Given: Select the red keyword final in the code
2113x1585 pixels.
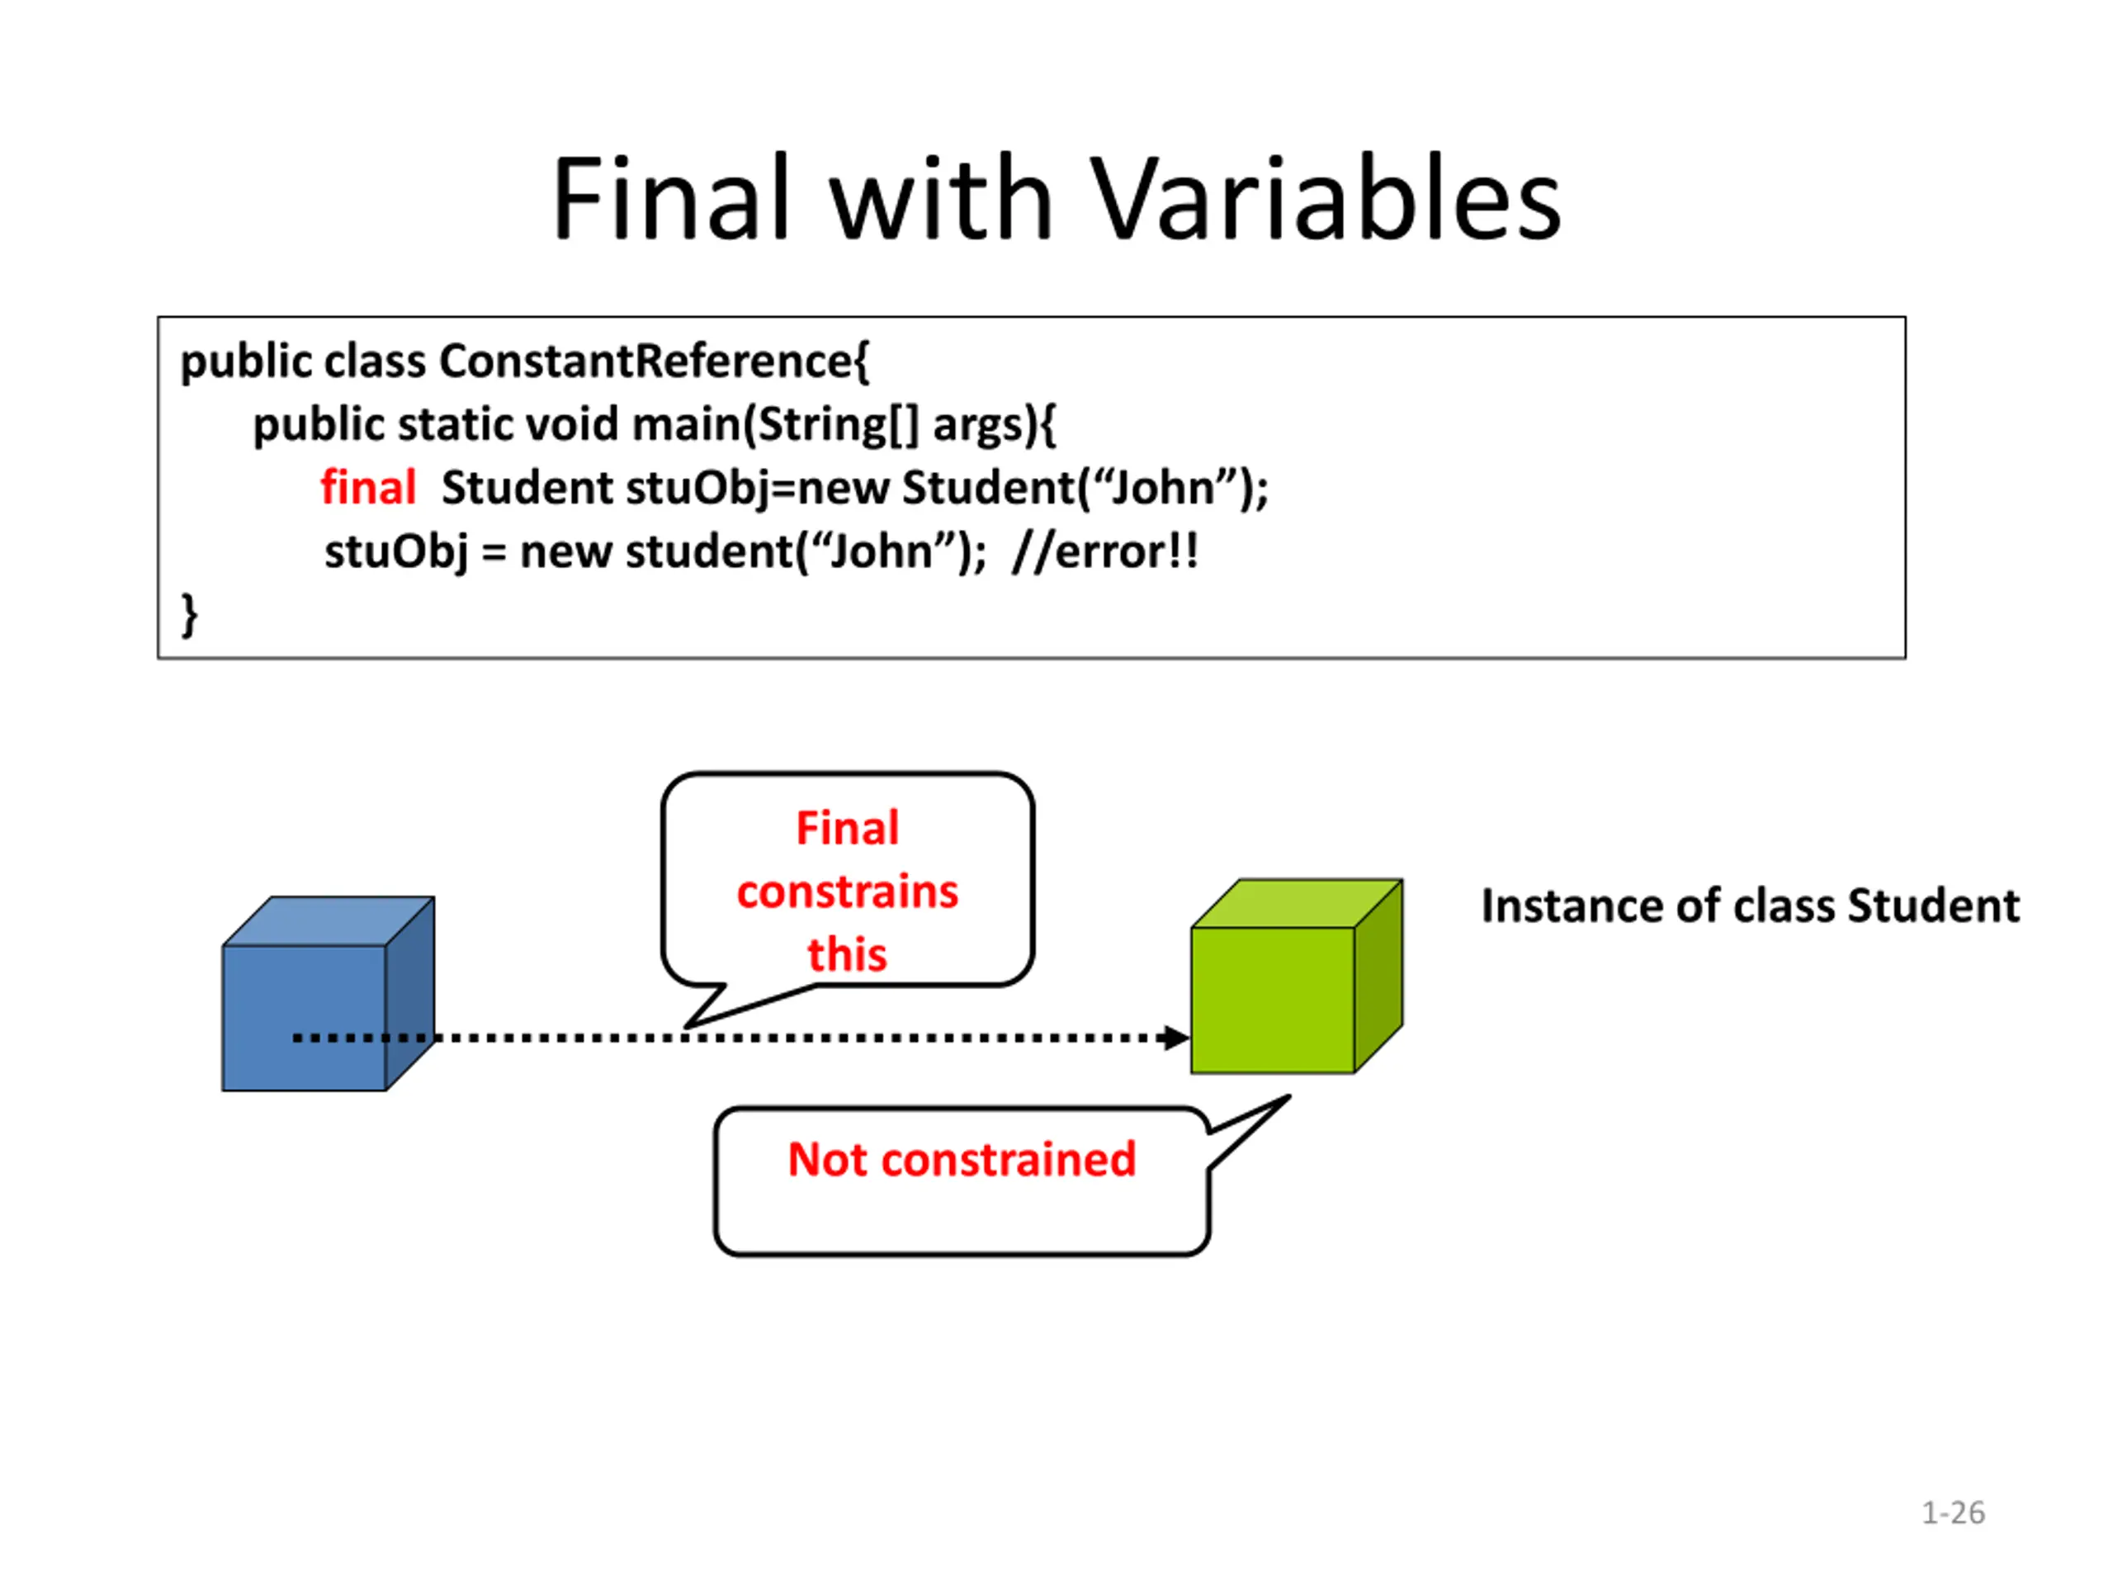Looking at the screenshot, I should coord(368,488).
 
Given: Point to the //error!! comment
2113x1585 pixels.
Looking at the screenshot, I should coord(1105,551).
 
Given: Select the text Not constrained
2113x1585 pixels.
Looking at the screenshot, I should coord(961,1160).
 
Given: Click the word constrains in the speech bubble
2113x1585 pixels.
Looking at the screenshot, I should coord(848,892).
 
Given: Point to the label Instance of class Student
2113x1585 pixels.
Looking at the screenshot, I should coord(1750,906).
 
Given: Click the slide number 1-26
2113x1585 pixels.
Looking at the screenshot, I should coord(1953,1513).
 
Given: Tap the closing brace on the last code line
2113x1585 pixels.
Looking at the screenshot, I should coord(189,614).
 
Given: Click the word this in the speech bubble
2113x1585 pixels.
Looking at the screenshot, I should coord(848,954).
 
